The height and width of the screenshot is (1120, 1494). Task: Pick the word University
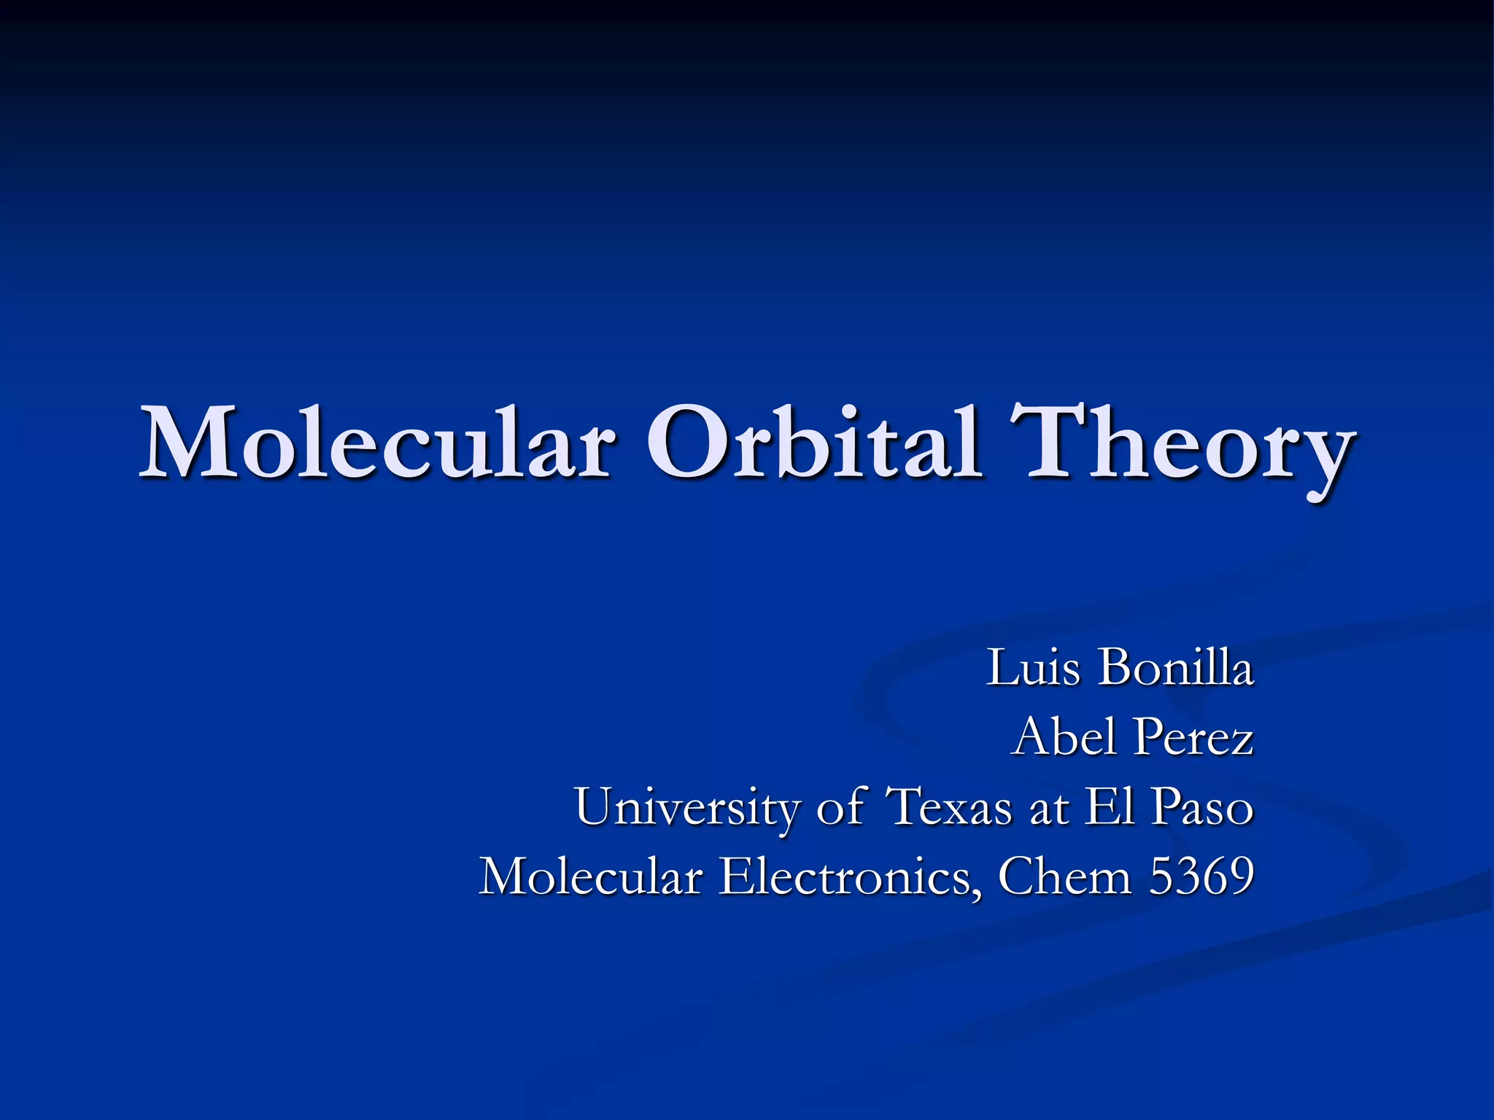click(686, 808)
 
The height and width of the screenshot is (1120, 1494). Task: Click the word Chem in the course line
click(1064, 876)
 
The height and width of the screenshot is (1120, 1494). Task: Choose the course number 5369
click(1201, 876)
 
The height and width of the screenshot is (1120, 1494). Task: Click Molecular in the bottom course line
click(591, 876)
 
